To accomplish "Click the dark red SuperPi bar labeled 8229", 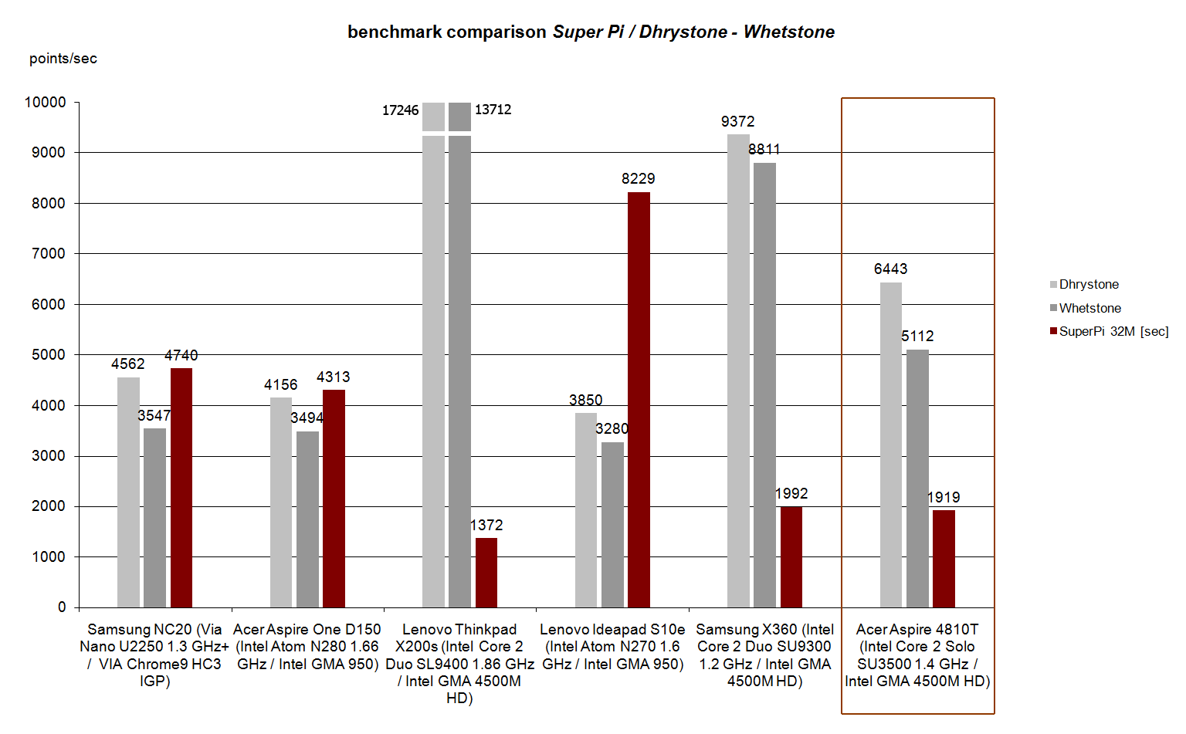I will click(x=639, y=399).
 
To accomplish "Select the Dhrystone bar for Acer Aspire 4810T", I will click(x=890, y=445).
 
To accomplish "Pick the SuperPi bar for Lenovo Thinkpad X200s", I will click(x=486, y=572).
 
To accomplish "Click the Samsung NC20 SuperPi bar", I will click(x=181, y=487).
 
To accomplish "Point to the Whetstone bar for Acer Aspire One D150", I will click(x=307, y=519).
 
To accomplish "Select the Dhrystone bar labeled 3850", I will click(x=586, y=509).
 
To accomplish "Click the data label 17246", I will click(x=400, y=110).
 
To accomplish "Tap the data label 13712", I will click(x=493, y=110).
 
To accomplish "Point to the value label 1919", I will click(x=944, y=497).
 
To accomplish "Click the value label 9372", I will click(x=737, y=121).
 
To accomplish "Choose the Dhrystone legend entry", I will click(x=1088, y=285).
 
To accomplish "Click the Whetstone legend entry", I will click(x=1089, y=308).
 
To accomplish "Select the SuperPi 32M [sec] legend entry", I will click(x=1113, y=331).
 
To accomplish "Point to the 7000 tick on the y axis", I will click(x=48, y=253).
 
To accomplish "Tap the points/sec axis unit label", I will click(x=63, y=59).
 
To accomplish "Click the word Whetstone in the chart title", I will click(x=788, y=32).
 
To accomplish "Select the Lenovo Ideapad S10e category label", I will click(x=612, y=647).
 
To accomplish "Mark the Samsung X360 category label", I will click(x=764, y=655).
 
